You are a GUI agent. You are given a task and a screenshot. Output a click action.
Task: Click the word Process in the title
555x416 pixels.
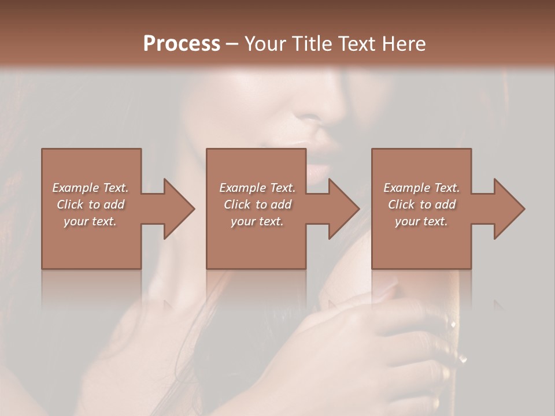182,44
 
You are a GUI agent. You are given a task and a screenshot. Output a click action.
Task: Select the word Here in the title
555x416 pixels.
404,44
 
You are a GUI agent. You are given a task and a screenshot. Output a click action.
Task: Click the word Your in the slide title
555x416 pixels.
264,44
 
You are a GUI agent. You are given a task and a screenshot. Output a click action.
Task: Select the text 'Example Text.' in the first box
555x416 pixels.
91,188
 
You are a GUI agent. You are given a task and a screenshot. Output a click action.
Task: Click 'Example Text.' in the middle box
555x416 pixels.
257,188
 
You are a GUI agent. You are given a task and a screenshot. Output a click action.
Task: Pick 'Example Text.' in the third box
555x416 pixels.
421,188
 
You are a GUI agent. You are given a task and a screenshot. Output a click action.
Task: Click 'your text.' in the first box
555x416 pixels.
90,221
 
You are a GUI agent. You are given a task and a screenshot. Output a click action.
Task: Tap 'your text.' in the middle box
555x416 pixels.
257,221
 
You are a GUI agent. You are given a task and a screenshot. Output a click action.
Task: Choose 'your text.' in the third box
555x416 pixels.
421,221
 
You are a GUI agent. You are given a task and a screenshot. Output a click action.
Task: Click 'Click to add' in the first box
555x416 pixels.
91,205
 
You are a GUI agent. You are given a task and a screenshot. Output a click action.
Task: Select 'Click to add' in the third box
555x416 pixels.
421,205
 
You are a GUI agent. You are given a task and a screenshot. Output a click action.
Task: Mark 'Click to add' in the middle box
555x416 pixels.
257,205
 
